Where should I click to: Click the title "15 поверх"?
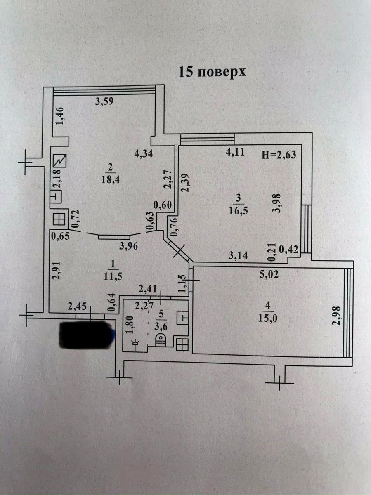[212, 71]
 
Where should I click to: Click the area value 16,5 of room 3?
[236, 210]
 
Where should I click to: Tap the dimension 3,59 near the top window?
[104, 101]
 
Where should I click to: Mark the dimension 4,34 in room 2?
[144, 155]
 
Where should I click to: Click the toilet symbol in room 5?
[160, 340]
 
